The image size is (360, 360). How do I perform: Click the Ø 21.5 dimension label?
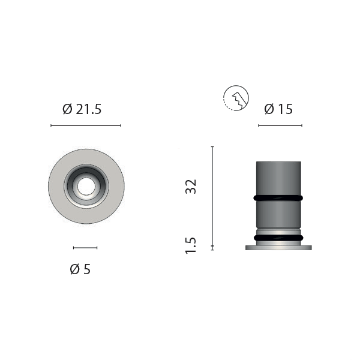82,109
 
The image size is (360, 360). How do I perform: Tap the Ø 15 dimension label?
278,109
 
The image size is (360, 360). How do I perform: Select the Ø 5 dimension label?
80,269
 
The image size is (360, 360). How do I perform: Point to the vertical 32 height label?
191,187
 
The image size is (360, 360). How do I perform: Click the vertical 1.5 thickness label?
191,245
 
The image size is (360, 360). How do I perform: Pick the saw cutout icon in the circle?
236,98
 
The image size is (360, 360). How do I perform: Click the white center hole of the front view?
86,187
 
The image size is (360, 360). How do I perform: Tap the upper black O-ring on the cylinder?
278,197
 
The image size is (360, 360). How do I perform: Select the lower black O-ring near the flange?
278,238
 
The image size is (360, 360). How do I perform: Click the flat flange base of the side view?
278,247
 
